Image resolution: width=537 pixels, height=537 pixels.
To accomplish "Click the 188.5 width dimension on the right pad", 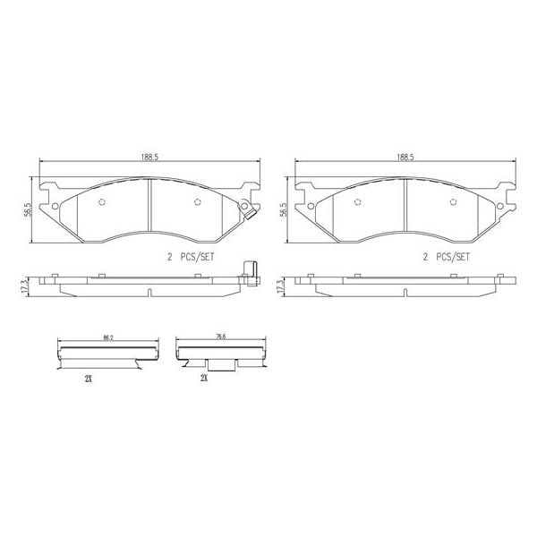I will (x=405, y=157).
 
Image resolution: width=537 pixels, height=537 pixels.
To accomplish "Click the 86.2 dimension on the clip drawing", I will (x=108, y=338).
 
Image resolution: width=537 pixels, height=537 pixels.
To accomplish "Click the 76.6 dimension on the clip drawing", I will (x=219, y=338).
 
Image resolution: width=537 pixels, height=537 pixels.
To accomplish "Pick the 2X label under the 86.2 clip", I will (x=89, y=379).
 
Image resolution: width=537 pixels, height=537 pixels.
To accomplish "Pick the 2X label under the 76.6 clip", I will (x=204, y=379).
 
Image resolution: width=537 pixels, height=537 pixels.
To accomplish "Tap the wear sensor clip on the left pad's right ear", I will (x=252, y=212).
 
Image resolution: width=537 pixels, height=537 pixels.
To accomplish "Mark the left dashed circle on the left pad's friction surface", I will (x=100, y=200).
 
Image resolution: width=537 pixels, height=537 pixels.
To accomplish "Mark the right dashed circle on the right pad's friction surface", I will (x=456, y=200).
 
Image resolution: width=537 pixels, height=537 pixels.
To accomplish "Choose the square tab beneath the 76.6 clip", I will (x=221, y=366).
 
